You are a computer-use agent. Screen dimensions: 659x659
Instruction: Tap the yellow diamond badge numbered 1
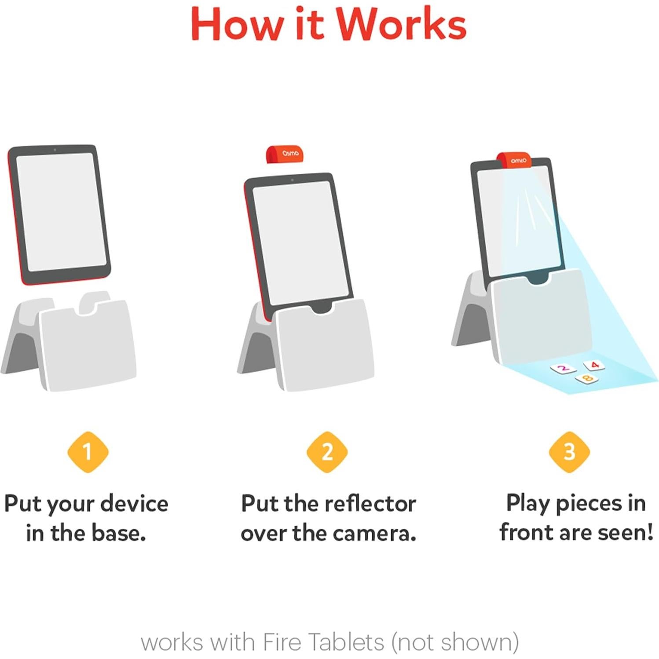(x=88, y=452)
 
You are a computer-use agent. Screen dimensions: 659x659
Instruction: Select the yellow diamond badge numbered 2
(x=327, y=452)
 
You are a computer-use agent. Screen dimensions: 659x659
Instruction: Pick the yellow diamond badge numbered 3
(x=569, y=452)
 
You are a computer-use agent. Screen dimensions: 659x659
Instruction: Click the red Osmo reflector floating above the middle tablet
(x=285, y=154)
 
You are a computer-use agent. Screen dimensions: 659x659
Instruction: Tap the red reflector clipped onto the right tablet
(x=514, y=160)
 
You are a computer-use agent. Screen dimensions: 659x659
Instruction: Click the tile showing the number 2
(x=563, y=369)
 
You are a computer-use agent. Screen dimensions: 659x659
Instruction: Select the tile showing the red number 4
(x=594, y=365)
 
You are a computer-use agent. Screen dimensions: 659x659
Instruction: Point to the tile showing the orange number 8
(x=587, y=378)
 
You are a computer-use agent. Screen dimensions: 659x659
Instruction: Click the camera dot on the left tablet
(x=55, y=150)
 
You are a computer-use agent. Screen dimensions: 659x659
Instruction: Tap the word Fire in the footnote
(x=282, y=642)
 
